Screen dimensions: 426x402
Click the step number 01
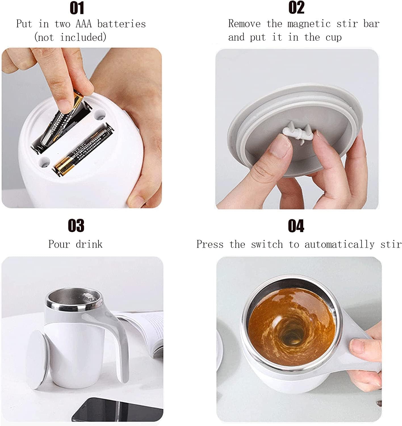click(x=77, y=8)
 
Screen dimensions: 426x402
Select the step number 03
click(x=76, y=226)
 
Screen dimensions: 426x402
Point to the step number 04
click(x=296, y=226)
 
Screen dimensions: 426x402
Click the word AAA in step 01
click(x=84, y=24)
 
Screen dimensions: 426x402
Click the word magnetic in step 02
click(x=309, y=24)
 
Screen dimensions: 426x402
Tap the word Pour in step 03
click(x=59, y=244)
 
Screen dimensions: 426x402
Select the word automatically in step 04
click(x=340, y=245)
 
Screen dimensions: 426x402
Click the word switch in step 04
click(x=267, y=245)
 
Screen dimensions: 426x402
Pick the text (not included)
click(x=70, y=37)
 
